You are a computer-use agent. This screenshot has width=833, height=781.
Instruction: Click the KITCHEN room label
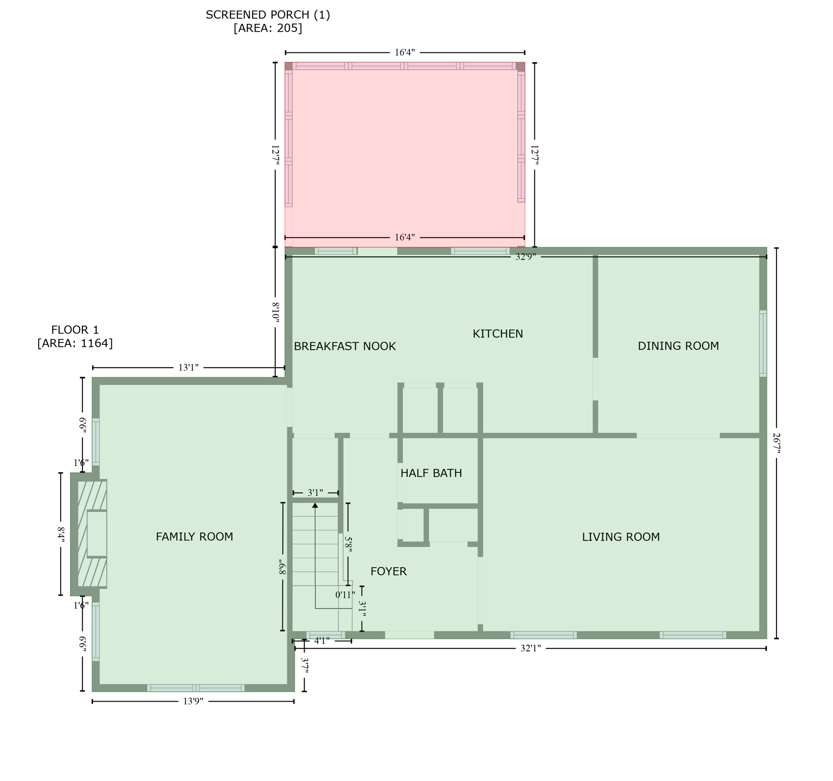pos(497,334)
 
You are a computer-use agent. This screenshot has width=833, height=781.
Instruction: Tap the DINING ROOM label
pos(678,346)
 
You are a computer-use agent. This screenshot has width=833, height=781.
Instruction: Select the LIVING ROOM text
pos(620,537)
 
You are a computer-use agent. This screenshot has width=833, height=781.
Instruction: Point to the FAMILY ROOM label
pos(194,536)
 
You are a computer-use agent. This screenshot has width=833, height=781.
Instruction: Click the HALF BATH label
pos(431,473)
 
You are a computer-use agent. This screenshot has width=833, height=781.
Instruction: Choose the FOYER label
pos(389,572)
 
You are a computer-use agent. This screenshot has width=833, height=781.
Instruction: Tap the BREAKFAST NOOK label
pos(345,346)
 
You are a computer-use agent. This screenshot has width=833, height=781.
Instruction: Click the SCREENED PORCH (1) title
pos(267,15)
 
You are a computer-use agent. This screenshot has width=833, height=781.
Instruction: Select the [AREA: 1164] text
pos(75,343)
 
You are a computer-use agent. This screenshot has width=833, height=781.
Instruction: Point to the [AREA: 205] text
pos(267,28)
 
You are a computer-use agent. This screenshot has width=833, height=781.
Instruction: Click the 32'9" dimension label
pos(525,257)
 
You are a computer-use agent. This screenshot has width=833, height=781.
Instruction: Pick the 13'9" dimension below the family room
pos(193,702)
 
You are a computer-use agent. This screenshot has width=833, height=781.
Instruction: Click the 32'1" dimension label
pos(530,648)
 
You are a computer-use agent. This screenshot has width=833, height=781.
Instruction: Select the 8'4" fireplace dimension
pos(61,534)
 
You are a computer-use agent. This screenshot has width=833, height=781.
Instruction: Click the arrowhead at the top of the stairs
pos(315,505)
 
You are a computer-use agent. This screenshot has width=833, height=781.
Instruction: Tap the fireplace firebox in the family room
pos(97,534)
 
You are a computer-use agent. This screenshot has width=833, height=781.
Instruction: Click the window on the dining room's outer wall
pos(763,343)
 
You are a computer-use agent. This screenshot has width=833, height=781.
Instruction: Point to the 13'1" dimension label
pos(188,368)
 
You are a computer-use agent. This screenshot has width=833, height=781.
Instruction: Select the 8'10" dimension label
pos(275,311)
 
